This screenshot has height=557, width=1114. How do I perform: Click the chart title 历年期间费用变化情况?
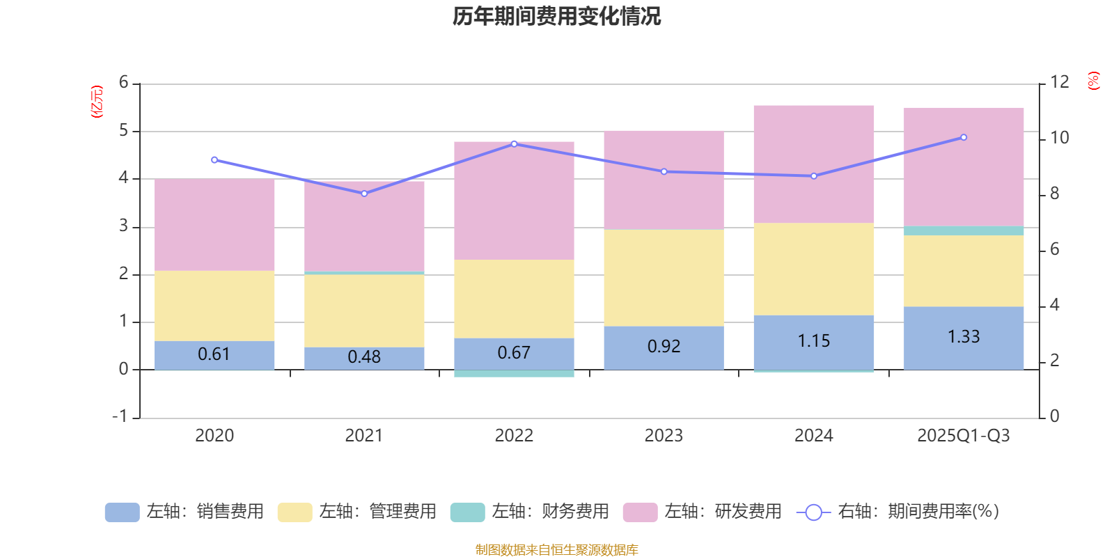(556, 16)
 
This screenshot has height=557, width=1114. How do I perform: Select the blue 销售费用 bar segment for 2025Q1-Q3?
(964, 338)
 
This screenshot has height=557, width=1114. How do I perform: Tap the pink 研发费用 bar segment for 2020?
(214, 225)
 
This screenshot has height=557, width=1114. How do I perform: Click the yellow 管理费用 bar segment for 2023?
(664, 278)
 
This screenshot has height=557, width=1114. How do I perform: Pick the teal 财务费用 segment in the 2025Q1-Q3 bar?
(964, 230)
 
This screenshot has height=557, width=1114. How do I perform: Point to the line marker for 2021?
(364, 194)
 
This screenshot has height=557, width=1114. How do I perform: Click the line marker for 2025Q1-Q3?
(964, 137)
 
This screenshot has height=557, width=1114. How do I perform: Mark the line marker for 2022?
(514, 144)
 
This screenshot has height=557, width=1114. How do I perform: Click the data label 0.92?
(664, 346)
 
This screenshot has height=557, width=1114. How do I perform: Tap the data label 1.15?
(813, 340)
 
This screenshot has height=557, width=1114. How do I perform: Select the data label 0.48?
(364, 357)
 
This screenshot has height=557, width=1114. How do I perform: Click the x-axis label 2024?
(813, 436)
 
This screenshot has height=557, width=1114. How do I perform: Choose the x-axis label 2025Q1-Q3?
(964, 436)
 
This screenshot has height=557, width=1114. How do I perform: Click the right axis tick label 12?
(1060, 82)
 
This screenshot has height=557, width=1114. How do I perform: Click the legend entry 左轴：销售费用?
(185, 512)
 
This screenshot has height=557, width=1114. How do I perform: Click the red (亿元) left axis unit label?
(97, 102)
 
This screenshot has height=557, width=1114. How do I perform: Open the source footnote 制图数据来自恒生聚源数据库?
(556, 550)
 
